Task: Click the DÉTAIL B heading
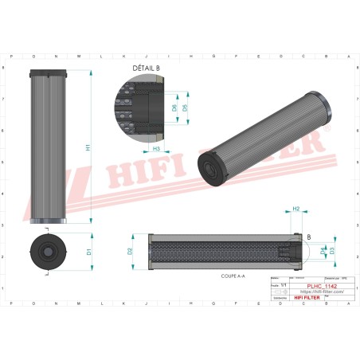click(x=146, y=70)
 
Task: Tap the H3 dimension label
click(x=157, y=148)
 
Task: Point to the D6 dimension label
click(x=174, y=108)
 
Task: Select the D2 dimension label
click(x=130, y=251)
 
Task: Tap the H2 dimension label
click(x=295, y=209)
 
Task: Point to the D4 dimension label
click(x=323, y=251)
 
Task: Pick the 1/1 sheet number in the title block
click(x=284, y=283)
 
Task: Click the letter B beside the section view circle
click(x=309, y=237)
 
